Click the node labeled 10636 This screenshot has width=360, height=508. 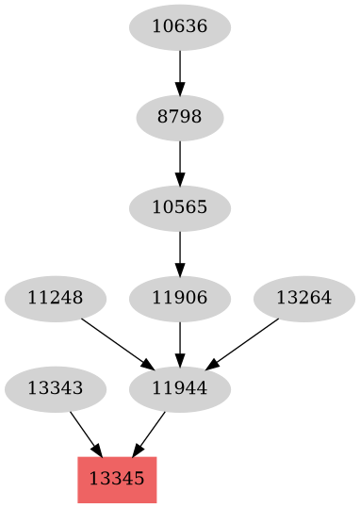[x=179, y=28]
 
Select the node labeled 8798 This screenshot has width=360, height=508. [x=179, y=119]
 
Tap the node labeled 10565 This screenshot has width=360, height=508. [x=179, y=206]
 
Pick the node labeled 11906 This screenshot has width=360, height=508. [x=179, y=299]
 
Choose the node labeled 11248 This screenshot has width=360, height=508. [x=55, y=299]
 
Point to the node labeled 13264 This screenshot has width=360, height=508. [x=303, y=299]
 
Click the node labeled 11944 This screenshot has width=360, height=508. [x=179, y=387]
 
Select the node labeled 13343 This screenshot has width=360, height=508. [x=55, y=387]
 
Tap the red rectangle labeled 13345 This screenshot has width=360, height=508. [x=117, y=478]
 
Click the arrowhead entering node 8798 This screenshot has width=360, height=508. [x=179, y=91]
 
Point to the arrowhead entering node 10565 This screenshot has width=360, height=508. [x=179, y=180]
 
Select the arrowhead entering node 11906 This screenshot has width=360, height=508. [x=179, y=270]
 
